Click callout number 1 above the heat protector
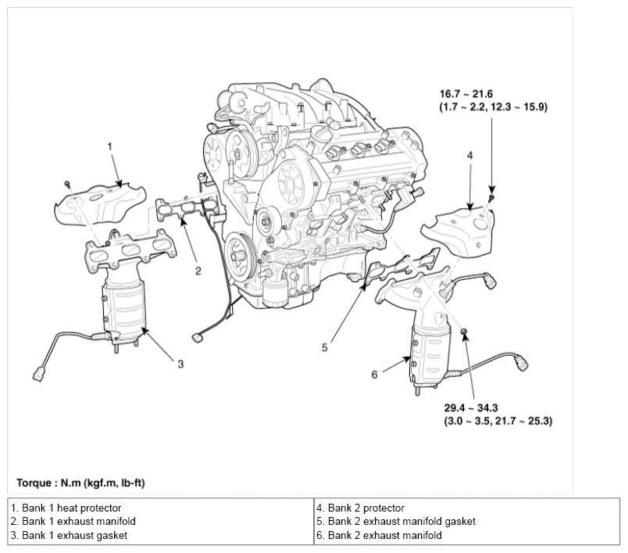110,146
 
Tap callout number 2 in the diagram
198,271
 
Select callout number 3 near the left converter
180,364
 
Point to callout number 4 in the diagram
470,155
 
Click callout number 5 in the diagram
325,348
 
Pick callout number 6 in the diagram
374,375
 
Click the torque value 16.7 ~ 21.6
466,94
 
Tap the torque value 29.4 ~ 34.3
471,408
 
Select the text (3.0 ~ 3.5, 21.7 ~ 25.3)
498,422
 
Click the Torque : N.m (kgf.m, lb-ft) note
80,483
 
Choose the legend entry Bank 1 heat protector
66,508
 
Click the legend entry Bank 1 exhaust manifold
73,521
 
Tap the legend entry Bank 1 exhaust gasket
69,535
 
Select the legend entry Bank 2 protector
360,508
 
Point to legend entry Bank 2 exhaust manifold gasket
396,521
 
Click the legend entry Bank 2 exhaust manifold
380,535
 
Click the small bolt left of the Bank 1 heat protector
68,184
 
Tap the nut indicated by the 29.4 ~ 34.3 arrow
463,331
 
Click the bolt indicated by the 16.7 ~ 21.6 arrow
492,197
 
